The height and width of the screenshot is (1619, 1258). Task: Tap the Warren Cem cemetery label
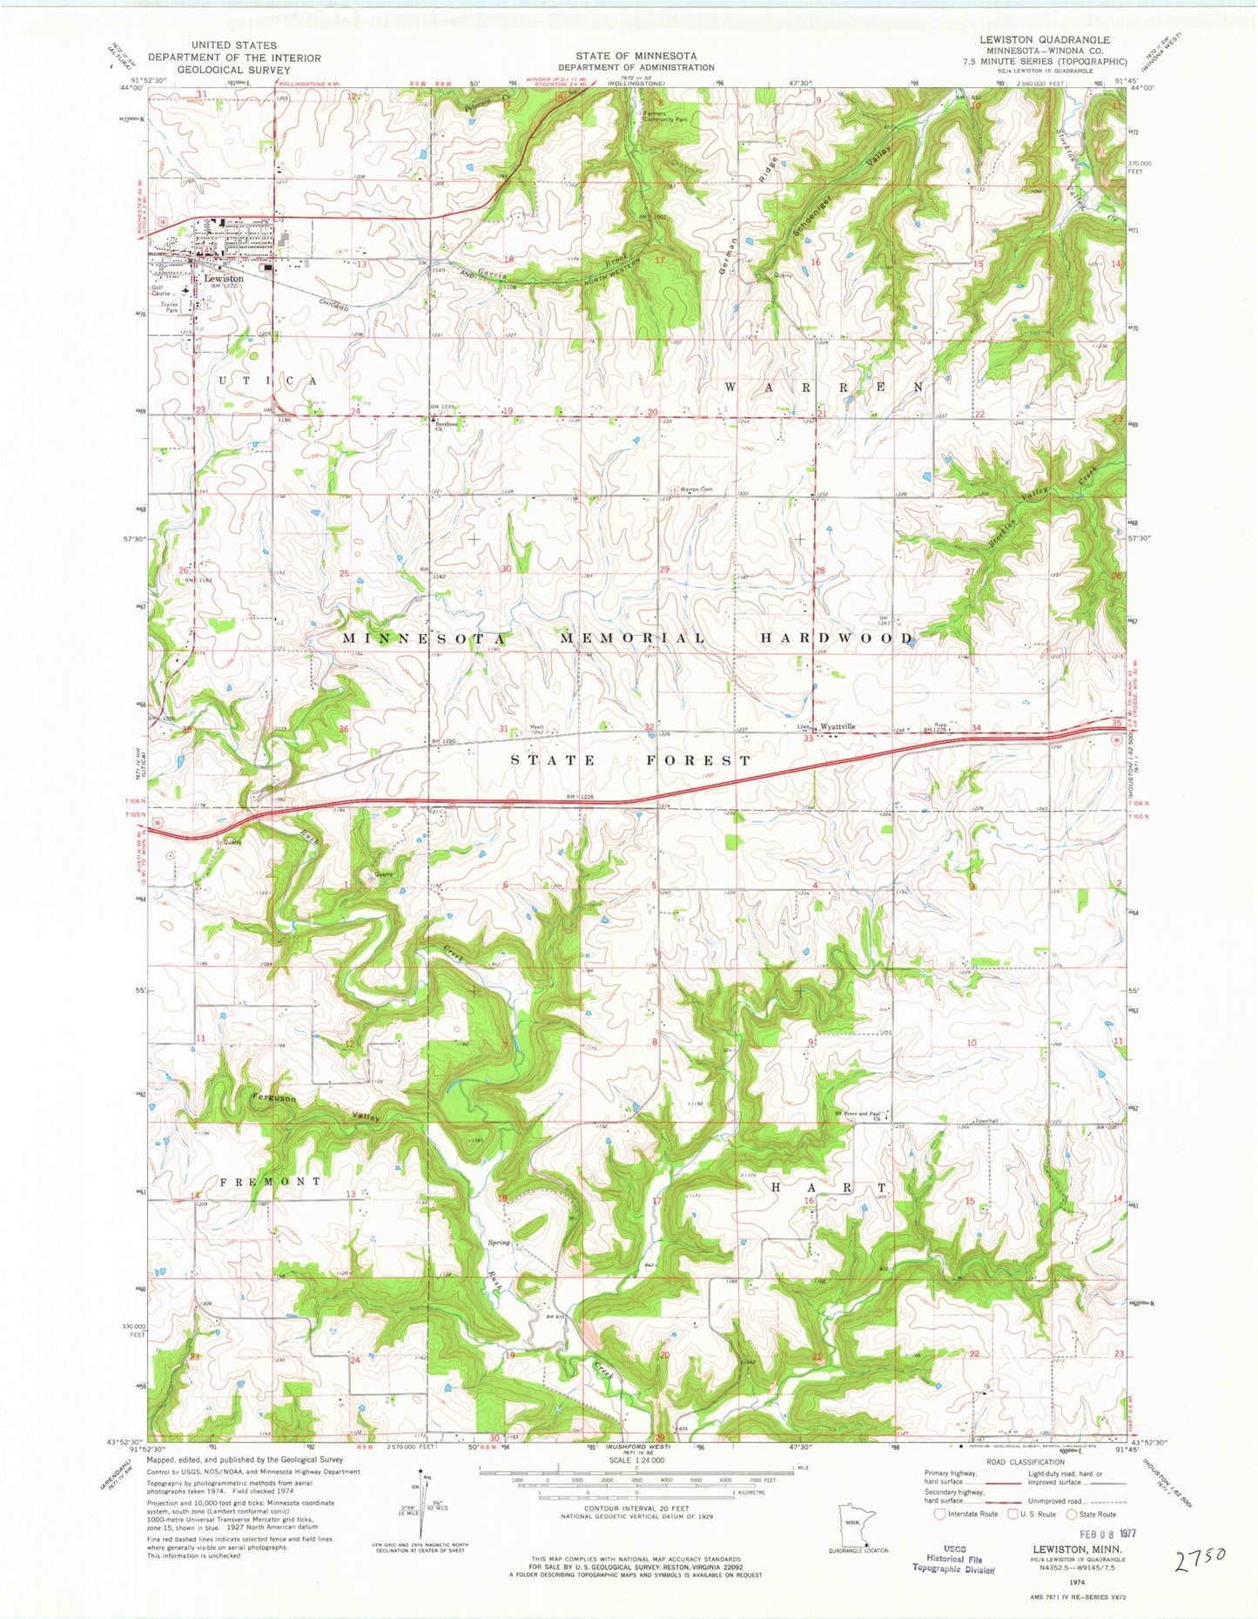[x=696, y=489]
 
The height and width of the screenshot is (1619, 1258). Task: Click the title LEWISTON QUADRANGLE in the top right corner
[x=1032, y=40]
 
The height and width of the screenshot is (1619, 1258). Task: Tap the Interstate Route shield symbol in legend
[x=940, y=1514]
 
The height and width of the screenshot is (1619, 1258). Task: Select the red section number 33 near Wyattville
[x=808, y=739]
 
